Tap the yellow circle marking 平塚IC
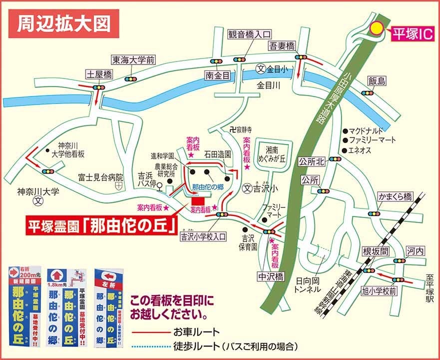(x=375, y=28)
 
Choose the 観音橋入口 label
(x=249, y=34)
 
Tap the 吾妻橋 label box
(x=283, y=46)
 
